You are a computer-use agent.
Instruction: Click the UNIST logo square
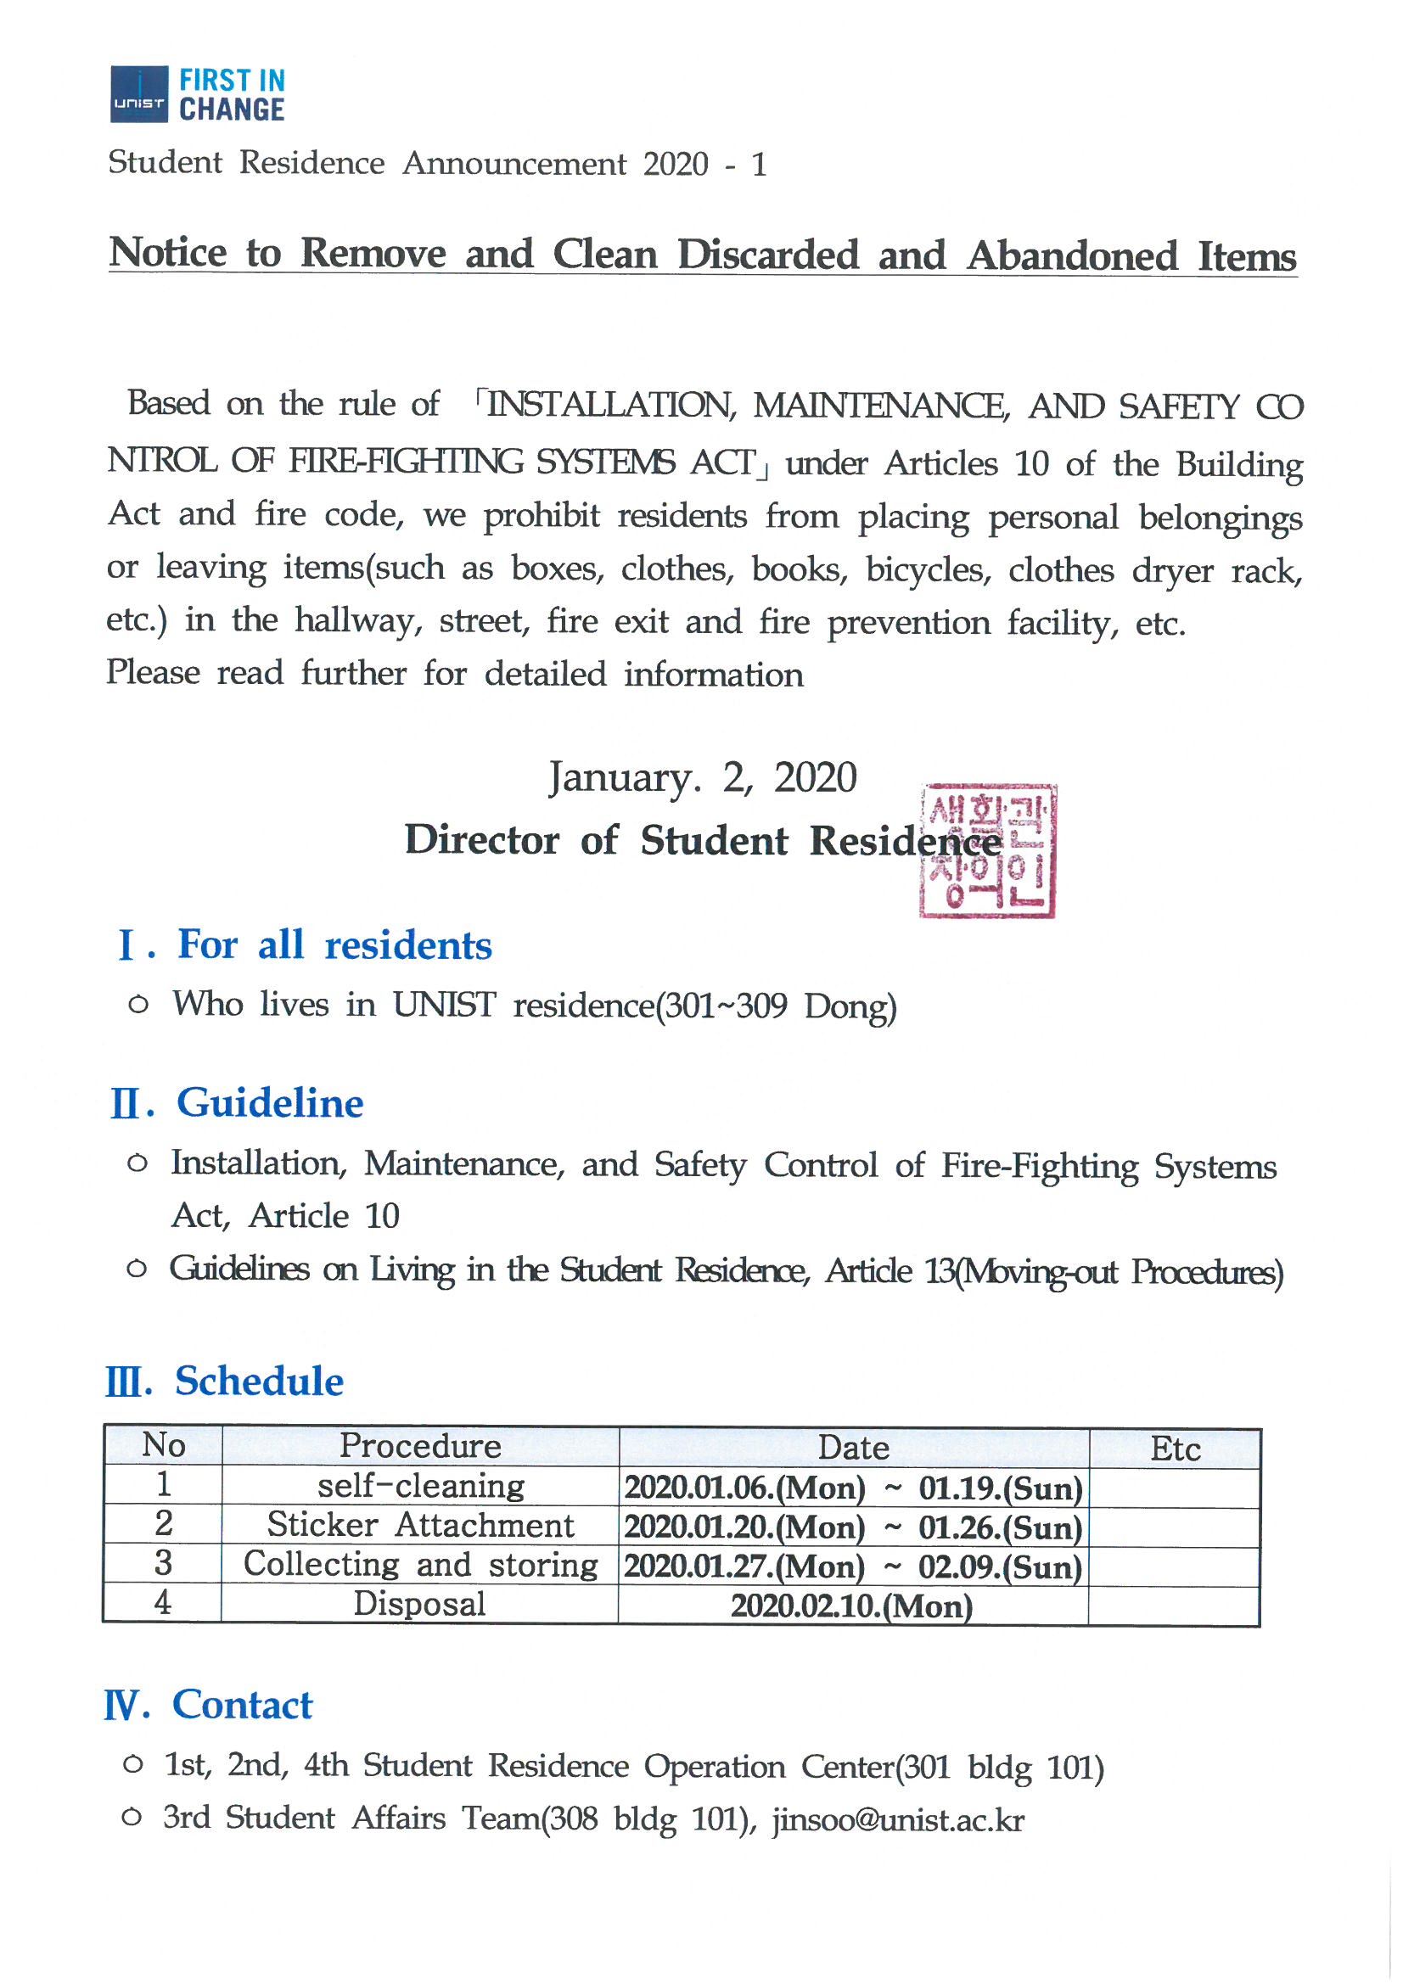point(138,93)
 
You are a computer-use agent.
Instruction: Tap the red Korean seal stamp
point(987,850)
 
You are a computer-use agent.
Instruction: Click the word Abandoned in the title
point(1072,255)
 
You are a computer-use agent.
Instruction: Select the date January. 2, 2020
point(702,776)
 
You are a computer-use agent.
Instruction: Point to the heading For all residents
point(334,944)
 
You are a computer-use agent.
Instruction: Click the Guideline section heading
point(270,1102)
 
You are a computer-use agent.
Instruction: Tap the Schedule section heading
point(259,1381)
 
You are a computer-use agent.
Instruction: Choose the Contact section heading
point(242,1705)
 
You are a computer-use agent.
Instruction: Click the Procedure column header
point(420,1446)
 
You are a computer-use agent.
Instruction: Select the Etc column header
point(1175,1449)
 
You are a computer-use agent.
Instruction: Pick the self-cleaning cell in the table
point(420,1485)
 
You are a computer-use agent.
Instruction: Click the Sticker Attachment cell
point(420,1525)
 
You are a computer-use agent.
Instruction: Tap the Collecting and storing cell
point(420,1564)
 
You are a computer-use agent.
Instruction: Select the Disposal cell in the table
point(420,1604)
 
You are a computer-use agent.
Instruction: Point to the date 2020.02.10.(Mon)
point(851,1606)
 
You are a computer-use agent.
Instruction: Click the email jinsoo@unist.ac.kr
point(898,1820)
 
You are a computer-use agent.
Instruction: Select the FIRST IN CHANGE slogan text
point(232,95)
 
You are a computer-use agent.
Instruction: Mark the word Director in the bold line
point(481,840)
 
